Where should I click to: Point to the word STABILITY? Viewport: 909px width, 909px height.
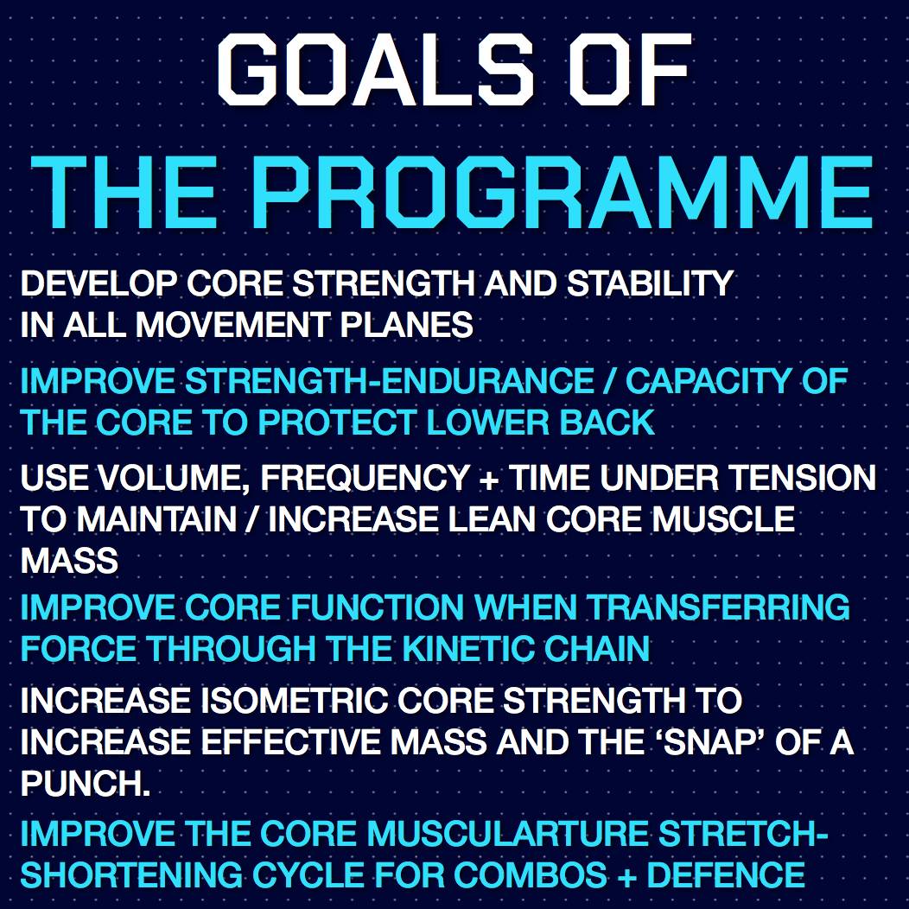[x=651, y=283]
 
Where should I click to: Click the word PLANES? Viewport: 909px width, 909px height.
[x=406, y=325]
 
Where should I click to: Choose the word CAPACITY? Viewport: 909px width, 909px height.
[x=709, y=381]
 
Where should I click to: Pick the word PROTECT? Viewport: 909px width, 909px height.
[x=337, y=422]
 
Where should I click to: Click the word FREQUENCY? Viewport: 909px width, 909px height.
[x=366, y=478]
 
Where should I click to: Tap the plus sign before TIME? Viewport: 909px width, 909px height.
[x=489, y=480]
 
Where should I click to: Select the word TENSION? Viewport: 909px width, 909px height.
[x=803, y=478]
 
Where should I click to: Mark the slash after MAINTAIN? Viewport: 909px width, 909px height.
[x=251, y=518]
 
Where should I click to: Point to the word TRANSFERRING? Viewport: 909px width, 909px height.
[x=718, y=607]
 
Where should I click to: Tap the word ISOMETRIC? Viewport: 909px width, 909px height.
[x=295, y=700]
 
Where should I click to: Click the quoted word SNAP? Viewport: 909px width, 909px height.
[x=715, y=742]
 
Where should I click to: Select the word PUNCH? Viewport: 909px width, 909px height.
[x=86, y=784]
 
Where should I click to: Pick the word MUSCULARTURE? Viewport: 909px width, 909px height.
[x=507, y=833]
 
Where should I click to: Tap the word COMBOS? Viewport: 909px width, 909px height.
[x=531, y=874]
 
